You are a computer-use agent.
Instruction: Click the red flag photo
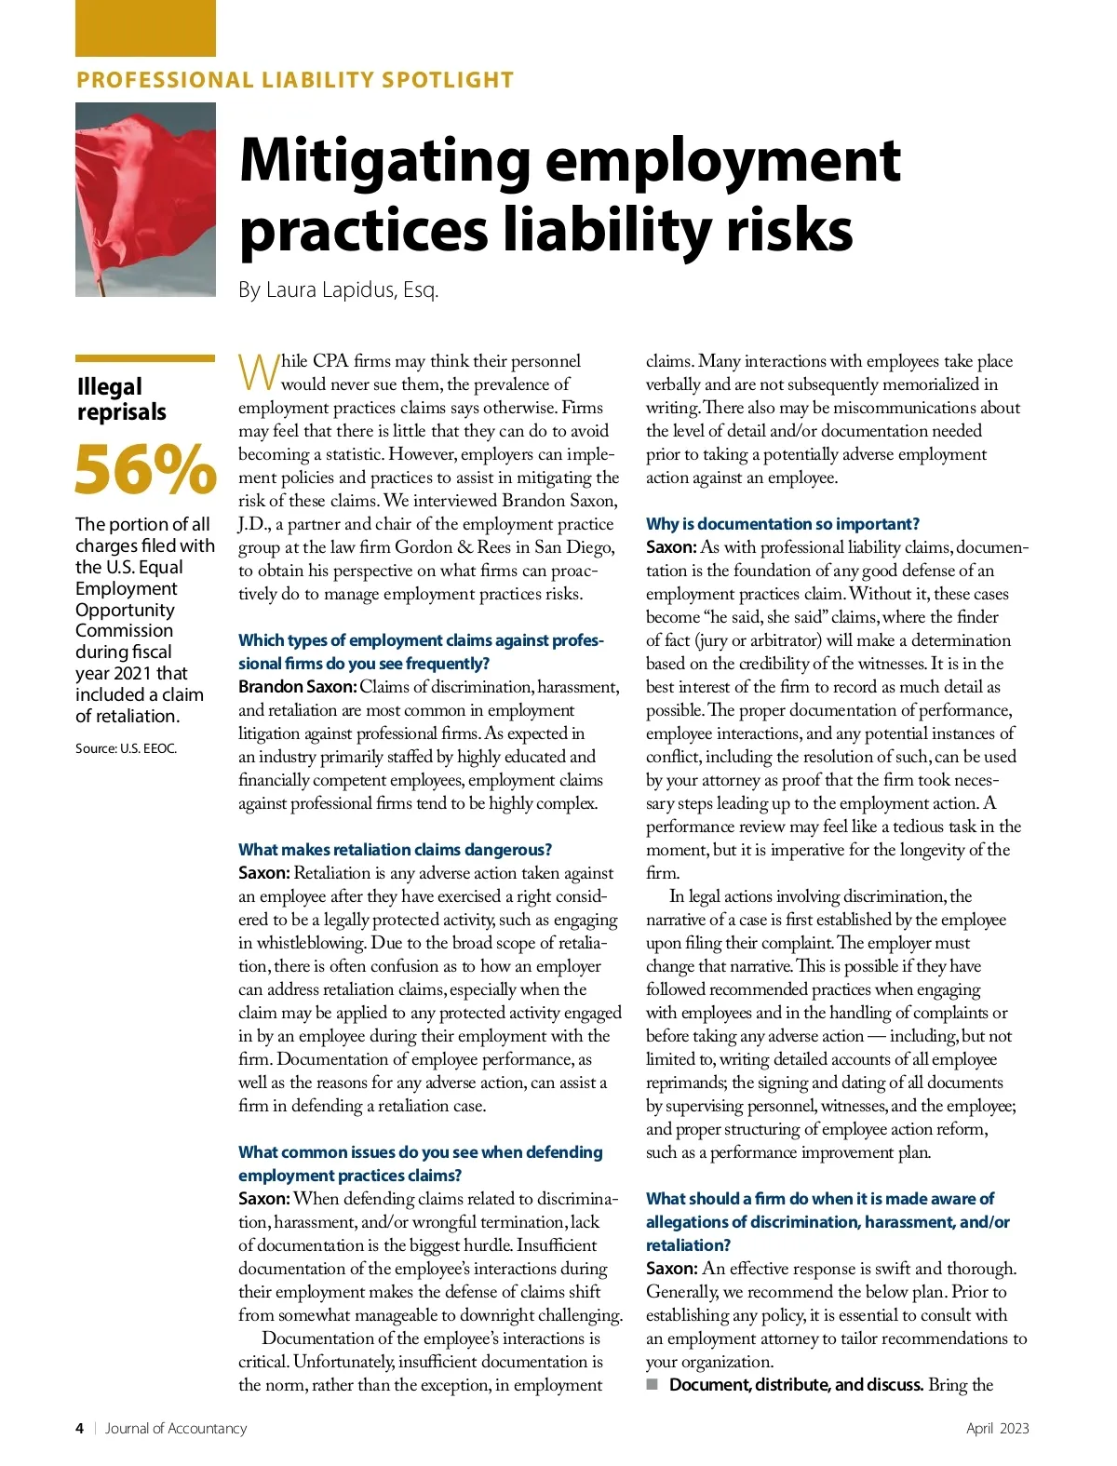point(145,199)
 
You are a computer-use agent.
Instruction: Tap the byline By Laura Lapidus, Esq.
point(338,289)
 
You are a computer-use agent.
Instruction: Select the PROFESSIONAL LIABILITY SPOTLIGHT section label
point(294,80)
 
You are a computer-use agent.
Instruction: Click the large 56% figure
point(145,469)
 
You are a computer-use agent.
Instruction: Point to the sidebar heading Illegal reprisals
point(122,399)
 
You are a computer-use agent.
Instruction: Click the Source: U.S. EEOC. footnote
point(126,748)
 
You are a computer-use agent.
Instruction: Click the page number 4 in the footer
point(80,1428)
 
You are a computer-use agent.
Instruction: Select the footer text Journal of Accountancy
point(176,1428)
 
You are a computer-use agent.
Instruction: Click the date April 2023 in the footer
point(997,1428)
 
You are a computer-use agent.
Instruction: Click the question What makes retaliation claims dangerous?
point(395,850)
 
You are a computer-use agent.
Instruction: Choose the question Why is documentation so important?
point(782,524)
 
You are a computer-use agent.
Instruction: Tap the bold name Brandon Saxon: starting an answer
point(297,687)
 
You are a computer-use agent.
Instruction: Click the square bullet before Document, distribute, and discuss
point(653,1385)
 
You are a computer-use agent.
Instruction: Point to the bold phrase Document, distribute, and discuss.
point(795,1385)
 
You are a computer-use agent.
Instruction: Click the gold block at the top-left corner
point(145,28)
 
